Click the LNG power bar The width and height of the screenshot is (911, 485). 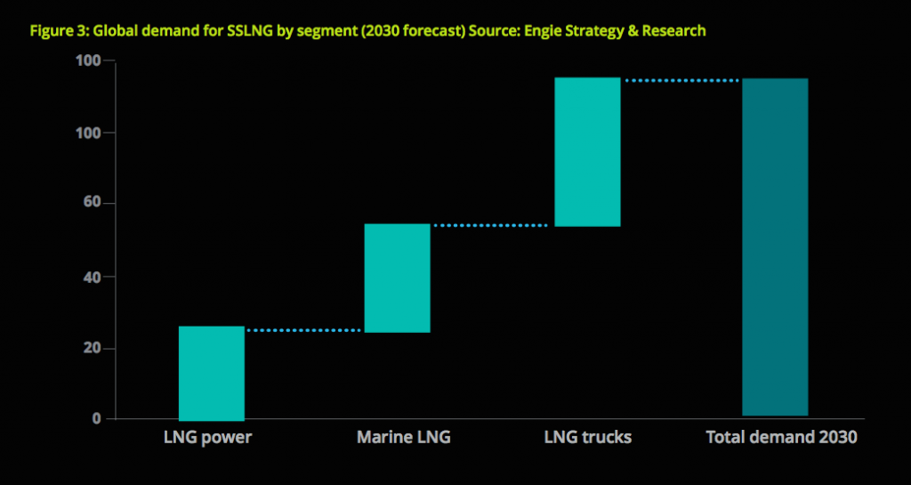point(212,373)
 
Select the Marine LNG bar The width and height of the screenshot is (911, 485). point(398,278)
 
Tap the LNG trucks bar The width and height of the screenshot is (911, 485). point(587,152)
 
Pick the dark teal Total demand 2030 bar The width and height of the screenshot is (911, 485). point(775,247)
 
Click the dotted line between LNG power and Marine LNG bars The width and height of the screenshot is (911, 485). point(303,330)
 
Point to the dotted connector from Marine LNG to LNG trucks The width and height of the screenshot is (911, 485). point(491,225)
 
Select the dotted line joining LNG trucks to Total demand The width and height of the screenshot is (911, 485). point(681,81)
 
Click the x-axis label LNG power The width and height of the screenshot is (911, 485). point(207,438)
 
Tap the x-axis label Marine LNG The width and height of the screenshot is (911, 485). point(403,438)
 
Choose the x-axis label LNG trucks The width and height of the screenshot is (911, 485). point(588,438)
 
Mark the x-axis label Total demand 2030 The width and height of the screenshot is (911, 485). point(781,438)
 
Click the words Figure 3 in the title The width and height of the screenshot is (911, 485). point(58,30)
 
